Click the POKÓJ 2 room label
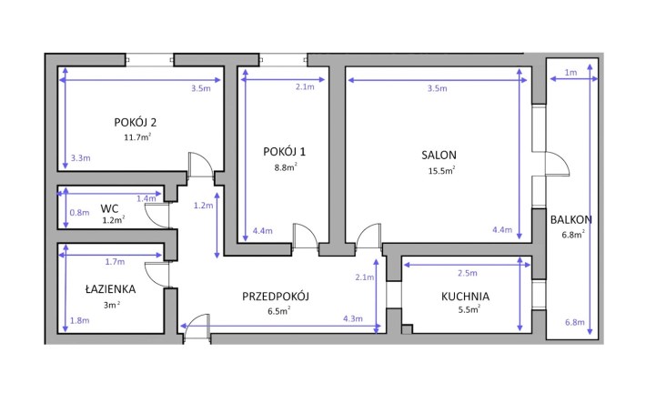(x=136, y=123)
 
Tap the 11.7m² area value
(x=137, y=136)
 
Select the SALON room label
(x=439, y=155)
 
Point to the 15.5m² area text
(x=441, y=170)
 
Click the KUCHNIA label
(x=465, y=297)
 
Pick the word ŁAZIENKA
(x=110, y=289)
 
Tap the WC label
(x=109, y=208)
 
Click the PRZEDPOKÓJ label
(x=276, y=297)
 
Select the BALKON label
(x=571, y=219)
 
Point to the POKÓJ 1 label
(x=284, y=152)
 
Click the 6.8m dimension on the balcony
(x=575, y=322)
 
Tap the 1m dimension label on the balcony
(x=570, y=73)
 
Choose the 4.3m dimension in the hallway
(x=353, y=318)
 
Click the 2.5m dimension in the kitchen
(x=468, y=273)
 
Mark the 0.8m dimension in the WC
(x=79, y=213)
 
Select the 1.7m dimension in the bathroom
(x=115, y=261)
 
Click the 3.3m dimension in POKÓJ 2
(x=80, y=157)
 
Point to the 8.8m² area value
(x=286, y=166)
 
